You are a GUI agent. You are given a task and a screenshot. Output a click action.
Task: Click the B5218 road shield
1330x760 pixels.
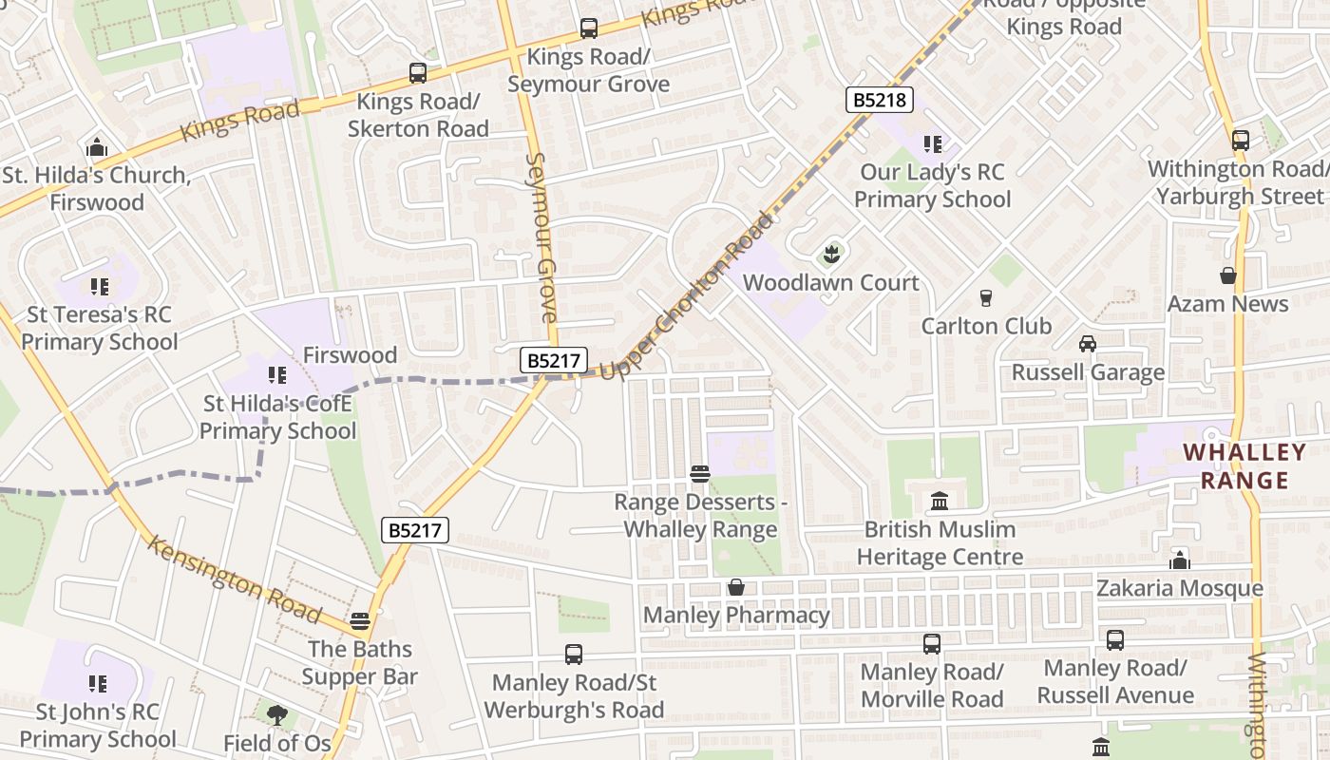click(x=879, y=100)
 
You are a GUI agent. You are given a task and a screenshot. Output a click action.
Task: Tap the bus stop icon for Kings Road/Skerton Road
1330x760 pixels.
click(x=417, y=72)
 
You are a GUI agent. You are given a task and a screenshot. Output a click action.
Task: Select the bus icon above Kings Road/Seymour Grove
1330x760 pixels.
click(x=588, y=28)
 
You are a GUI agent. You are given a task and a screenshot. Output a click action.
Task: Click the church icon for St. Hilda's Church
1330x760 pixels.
click(x=96, y=147)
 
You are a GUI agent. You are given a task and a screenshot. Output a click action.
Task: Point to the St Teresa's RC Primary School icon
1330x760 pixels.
click(x=99, y=286)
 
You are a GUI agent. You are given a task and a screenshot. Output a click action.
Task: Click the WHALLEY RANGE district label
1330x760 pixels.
click(x=1244, y=465)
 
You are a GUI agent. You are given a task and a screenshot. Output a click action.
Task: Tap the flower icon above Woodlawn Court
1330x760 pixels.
click(x=831, y=254)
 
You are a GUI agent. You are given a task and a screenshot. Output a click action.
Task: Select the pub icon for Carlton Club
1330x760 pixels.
click(x=985, y=297)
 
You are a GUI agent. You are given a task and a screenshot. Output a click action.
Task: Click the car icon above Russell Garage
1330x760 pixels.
click(x=1087, y=343)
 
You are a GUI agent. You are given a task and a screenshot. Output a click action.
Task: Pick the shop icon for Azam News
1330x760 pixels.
click(x=1227, y=275)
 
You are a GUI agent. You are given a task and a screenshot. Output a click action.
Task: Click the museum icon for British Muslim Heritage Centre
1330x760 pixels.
click(x=940, y=500)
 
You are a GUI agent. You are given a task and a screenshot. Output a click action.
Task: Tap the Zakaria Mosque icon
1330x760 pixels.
click(x=1180, y=560)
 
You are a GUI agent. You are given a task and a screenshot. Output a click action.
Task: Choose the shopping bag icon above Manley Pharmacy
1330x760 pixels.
click(x=736, y=587)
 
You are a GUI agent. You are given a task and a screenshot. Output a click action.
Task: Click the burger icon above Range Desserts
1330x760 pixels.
click(x=700, y=473)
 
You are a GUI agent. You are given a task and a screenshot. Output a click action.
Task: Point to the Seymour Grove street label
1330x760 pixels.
click(x=541, y=237)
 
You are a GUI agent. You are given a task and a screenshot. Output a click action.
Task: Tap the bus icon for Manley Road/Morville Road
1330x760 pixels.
click(x=931, y=643)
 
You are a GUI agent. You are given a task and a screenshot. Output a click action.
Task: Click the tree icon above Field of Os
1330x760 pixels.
click(x=276, y=713)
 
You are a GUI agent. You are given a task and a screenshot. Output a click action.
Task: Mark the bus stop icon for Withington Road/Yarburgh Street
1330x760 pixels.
click(x=1240, y=140)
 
